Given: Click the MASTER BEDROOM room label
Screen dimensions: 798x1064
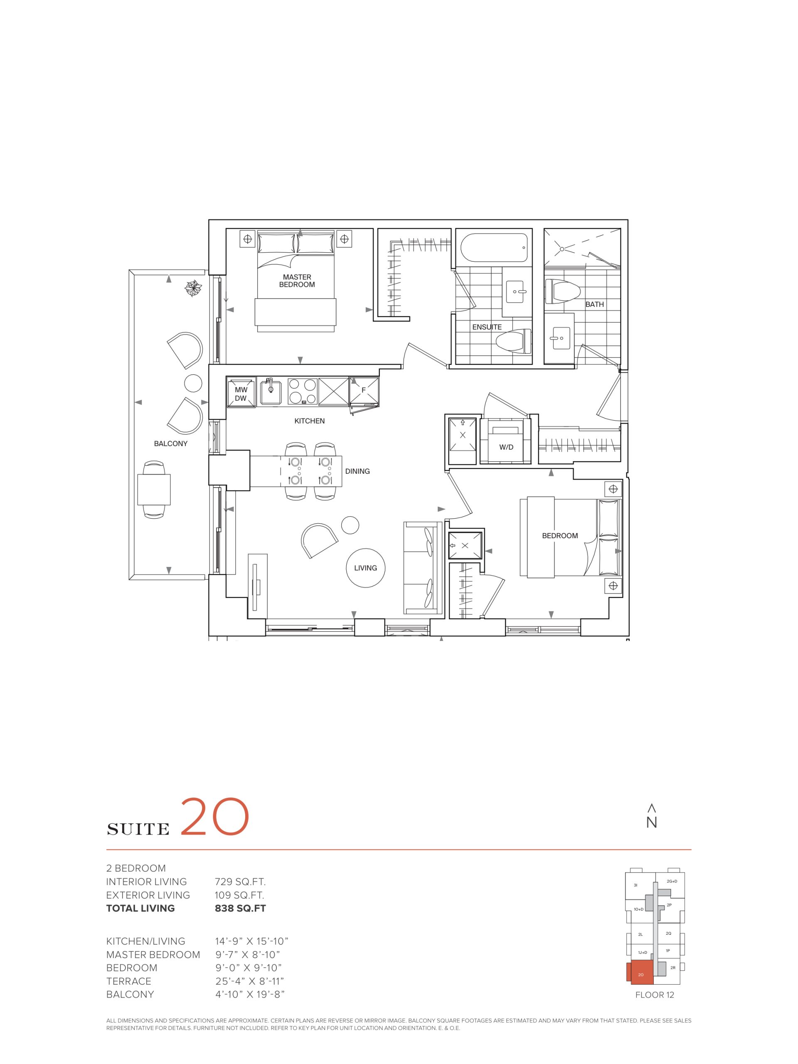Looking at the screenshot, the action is tap(297, 281).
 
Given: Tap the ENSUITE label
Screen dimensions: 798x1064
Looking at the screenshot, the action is tap(487, 327).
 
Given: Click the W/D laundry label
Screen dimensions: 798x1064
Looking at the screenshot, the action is tap(506, 447).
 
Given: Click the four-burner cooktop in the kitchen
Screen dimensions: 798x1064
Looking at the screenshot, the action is tap(302, 392).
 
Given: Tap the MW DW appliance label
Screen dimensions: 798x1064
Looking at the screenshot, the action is tap(241, 394).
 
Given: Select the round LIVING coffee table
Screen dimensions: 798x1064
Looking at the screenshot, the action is tap(365, 568).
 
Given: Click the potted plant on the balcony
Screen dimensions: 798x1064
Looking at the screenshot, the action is tap(195, 288).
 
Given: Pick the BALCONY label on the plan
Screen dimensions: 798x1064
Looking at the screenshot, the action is tap(170, 443).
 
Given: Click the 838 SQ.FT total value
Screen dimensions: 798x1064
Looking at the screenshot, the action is tap(240, 908).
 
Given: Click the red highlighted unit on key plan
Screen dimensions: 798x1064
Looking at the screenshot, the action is tap(640, 972).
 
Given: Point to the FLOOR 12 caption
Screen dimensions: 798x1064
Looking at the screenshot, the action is tap(654, 995).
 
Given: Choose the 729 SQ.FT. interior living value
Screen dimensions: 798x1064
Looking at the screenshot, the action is tap(240, 882).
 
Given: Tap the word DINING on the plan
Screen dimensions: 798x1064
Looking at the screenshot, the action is tap(357, 471).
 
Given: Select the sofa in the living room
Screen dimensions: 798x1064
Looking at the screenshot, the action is tap(422, 568).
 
